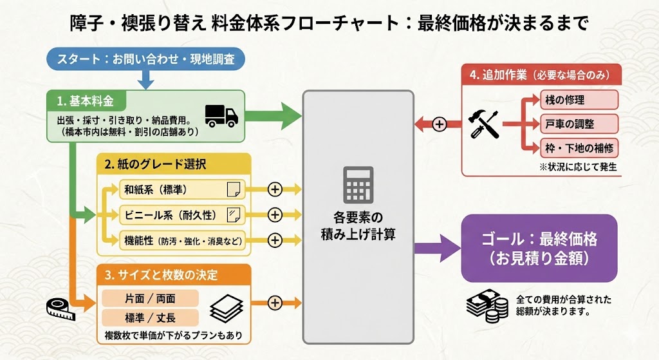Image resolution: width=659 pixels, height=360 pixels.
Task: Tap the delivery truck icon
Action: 221,115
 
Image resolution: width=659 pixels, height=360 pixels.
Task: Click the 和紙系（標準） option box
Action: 174,189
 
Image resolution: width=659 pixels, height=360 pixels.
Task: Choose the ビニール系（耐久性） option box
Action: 174,214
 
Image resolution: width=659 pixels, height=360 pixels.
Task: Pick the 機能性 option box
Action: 174,240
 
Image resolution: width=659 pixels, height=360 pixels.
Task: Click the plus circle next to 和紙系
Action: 275,189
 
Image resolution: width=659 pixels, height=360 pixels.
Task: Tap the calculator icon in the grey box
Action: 358,184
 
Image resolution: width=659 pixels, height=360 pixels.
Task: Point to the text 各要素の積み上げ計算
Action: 358,225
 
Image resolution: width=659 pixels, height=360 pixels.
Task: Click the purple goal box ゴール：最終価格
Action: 539,248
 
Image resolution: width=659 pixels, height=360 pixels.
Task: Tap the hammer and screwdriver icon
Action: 485,124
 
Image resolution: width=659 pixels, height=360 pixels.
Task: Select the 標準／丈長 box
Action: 150,317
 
